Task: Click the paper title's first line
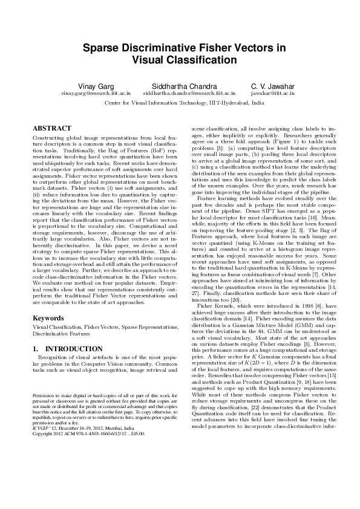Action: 180,48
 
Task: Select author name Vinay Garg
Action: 95,86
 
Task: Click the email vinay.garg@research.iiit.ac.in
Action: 96,94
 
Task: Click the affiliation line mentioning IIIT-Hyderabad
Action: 184,103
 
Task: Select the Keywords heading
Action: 48,317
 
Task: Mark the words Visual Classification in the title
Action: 180,60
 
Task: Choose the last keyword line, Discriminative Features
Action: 62,332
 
